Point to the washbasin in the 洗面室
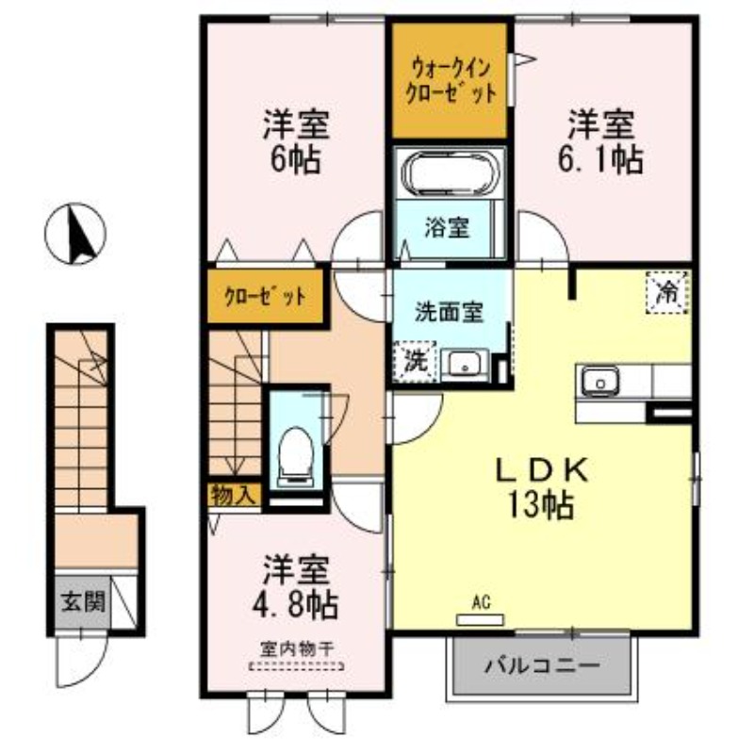point(463,363)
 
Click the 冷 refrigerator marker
point(667,291)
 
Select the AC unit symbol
point(482,619)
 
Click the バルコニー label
point(542,665)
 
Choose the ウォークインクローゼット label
point(450,81)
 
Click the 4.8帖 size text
point(295,603)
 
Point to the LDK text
point(544,469)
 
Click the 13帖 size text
point(544,506)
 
